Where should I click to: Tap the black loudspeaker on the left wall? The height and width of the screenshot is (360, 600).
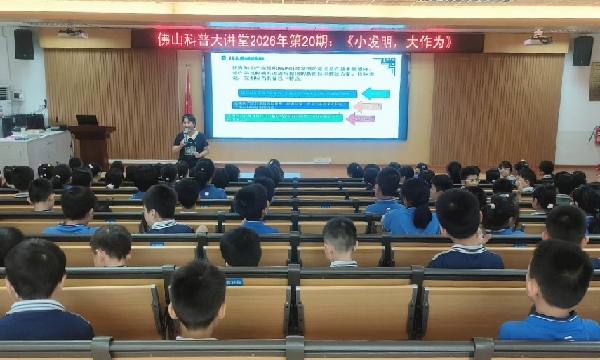24,44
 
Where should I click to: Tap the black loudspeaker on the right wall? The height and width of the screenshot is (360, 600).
582,50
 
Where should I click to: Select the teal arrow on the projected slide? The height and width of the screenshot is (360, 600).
375,93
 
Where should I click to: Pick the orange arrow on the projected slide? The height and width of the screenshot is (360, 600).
365,106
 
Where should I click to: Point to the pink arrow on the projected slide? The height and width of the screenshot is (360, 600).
359,118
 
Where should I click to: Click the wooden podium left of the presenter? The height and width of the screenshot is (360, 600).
92,144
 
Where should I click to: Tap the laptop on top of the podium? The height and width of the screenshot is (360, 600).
87,120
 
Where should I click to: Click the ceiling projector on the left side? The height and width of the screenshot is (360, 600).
71,34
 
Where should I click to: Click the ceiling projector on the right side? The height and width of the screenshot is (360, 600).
538,38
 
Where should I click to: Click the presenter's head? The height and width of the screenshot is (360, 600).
188,121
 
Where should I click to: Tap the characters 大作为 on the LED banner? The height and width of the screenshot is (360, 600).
427,41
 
